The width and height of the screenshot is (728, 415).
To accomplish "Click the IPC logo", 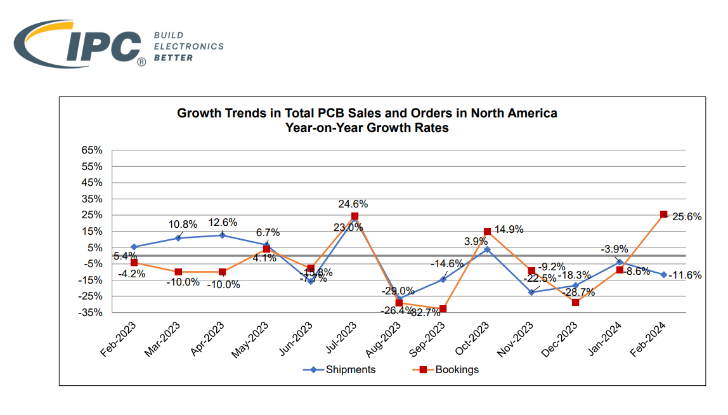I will click(x=79, y=43).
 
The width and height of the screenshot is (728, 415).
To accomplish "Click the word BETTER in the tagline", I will click(x=173, y=58).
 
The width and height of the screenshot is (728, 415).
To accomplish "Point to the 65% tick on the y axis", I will click(x=92, y=150).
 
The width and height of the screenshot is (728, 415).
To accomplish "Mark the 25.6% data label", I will click(x=687, y=216).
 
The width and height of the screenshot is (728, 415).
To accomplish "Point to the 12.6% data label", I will click(x=223, y=222).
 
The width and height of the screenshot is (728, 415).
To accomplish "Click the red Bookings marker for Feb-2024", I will click(x=663, y=214).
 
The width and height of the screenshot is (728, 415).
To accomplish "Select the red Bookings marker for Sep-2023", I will click(x=443, y=309).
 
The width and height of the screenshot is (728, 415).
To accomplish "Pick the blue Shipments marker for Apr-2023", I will click(x=222, y=235).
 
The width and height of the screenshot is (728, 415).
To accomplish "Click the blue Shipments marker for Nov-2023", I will click(x=531, y=292).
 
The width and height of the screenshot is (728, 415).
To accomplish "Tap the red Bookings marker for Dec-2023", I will click(x=575, y=302).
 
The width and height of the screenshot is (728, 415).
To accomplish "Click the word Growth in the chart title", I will click(x=198, y=114).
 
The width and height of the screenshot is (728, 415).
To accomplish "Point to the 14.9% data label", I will click(x=509, y=230).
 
